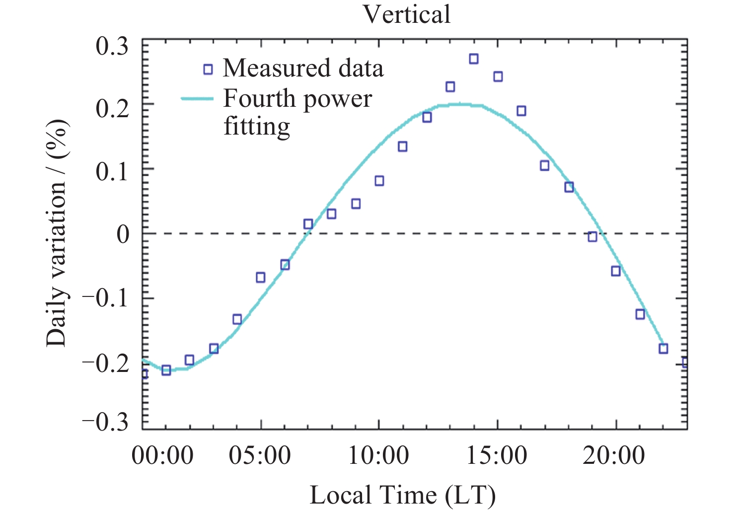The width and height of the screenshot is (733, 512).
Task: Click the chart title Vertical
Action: [407, 14]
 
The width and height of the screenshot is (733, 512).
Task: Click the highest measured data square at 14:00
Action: [474, 59]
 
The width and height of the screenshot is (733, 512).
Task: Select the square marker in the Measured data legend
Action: [208, 69]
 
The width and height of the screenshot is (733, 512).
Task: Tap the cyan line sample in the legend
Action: [197, 98]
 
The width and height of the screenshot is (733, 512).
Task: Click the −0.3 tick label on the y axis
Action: [105, 423]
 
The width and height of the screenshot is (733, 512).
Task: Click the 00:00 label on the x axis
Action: [162, 455]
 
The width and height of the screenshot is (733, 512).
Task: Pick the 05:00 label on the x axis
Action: [260, 455]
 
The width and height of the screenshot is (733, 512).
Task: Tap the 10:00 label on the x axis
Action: [378, 455]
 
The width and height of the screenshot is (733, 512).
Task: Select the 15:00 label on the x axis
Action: [497, 455]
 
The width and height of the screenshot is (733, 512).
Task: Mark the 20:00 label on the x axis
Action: [614, 455]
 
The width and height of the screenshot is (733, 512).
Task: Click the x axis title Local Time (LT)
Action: [403, 495]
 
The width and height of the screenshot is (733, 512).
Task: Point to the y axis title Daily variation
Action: [56, 233]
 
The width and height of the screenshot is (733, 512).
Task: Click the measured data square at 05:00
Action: [261, 277]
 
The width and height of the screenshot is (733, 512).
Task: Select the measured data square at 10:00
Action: [379, 181]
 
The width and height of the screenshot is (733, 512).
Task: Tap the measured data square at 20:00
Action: [616, 271]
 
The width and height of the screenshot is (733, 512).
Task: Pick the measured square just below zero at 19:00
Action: [592, 237]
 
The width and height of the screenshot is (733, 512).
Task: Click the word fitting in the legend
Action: [257, 126]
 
